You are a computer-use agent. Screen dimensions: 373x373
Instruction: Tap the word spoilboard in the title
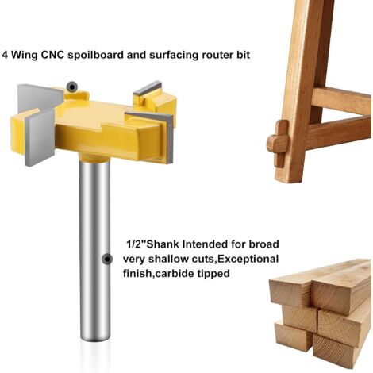(95, 56)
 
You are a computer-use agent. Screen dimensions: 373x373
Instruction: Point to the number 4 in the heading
(5, 55)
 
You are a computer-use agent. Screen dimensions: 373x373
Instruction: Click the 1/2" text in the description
(136, 244)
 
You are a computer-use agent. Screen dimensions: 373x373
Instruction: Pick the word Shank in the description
(163, 244)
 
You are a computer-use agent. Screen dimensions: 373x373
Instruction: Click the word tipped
(213, 274)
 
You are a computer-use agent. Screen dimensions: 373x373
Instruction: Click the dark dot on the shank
(107, 260)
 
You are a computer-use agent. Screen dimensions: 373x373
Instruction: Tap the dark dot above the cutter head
(71, 87)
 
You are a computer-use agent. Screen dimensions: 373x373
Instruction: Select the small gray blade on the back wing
(148, 89)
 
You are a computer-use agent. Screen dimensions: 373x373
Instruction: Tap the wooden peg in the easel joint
(279, 144)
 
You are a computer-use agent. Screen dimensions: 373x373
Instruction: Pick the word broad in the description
(263, 244)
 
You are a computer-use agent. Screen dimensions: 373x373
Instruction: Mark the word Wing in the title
(24, 56)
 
